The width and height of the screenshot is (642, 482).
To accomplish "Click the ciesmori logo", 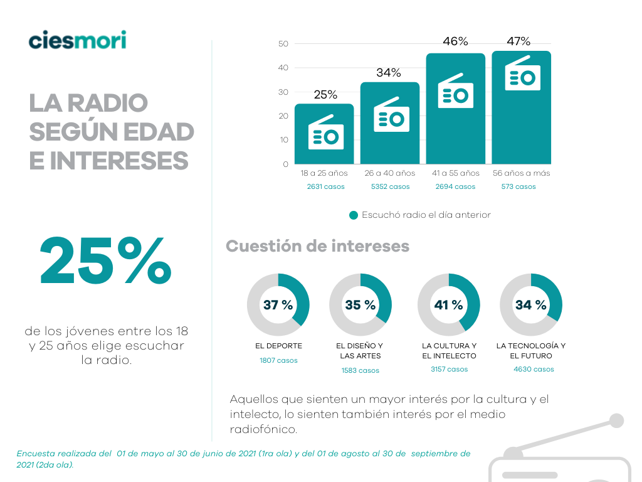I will point(77,40).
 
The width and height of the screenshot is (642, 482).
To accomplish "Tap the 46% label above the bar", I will point(455,41).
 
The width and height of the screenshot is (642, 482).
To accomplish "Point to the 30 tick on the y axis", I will point(283,92).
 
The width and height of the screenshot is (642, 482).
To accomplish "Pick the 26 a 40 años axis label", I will point(389,173).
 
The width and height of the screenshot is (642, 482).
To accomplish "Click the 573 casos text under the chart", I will point(518,186).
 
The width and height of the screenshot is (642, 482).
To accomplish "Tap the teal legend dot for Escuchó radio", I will point(354,215).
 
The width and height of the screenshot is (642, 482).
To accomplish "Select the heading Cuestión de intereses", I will point(317,246).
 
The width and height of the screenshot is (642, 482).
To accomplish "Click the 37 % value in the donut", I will point(278,305).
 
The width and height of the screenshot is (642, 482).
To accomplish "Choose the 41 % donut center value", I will point(448,305).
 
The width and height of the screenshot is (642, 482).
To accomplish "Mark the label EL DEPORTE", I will point(278,346).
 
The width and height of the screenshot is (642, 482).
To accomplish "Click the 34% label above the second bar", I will point(389,73).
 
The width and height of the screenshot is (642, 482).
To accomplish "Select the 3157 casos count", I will point(449,369).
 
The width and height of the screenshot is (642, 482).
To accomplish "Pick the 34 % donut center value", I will point(530,305).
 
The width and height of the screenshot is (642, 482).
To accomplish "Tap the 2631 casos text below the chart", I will point(324,186).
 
